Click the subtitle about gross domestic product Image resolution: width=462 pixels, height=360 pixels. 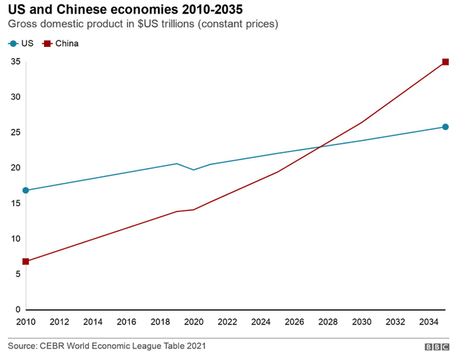tap(143, 25)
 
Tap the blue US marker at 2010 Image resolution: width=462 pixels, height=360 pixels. tap(27, 190)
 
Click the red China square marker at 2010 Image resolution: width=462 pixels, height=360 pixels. tap(27, 261)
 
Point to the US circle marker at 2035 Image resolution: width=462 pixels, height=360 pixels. tap(445, 127)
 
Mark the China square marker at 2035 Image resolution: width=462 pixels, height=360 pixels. tap(445, 62)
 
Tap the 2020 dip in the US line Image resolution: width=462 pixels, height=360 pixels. tap(193, 170)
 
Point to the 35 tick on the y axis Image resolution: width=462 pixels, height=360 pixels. tap(14, 62)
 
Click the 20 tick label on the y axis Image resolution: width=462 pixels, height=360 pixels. tap(14, 168)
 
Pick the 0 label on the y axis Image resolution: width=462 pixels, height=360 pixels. tap(17, 309)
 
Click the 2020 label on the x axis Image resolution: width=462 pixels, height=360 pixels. tap(193, 322)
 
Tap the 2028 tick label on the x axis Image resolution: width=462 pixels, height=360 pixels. tap(328, 322)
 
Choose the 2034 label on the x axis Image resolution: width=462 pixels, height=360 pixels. tap(428, 322)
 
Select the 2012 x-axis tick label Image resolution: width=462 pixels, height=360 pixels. tap(60, 322)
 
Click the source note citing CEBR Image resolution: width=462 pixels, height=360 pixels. tap(107, 347)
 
